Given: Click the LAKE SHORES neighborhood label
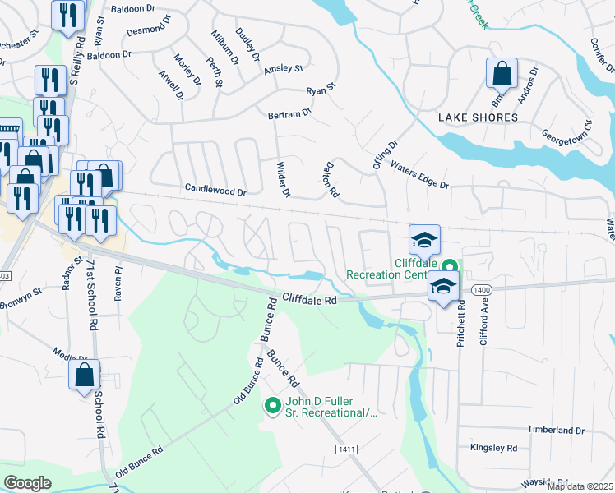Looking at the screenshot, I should click(x=478, y=117).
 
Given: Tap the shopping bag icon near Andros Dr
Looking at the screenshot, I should click(x=501, y=75).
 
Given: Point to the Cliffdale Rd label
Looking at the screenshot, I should click(x=310, y=301).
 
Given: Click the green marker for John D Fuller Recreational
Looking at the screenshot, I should click(x=273, y=405).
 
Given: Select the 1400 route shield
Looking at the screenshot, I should click(x=482, y=289).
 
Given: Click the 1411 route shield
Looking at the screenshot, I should click(x=346, y=449).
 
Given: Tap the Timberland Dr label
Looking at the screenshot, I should click(x=556, y=430).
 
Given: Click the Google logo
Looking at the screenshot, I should click(x=27, y=483).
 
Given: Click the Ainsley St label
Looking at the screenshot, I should click(x=283, y=70).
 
